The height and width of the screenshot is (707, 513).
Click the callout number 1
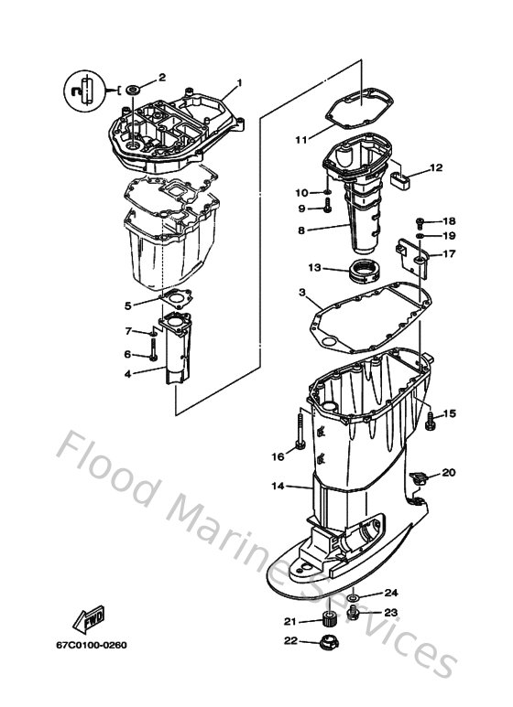pos(240,83)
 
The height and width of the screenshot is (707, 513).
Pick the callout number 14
pos(277,486)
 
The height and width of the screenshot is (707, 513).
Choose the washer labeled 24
pos(357,597)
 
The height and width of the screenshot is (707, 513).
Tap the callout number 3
pos(302,293)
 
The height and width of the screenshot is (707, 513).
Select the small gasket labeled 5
pos(171,296)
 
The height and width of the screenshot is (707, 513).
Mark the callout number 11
pos(301,140)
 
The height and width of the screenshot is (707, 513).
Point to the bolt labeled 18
pos(419,221)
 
